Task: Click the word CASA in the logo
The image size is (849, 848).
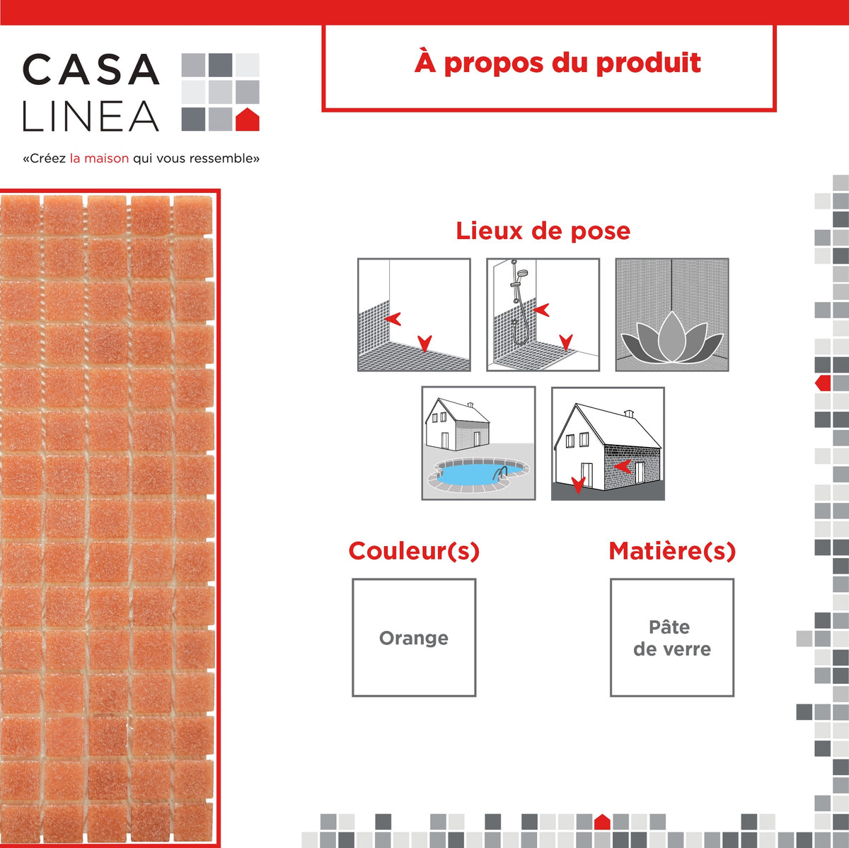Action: coord(91,70)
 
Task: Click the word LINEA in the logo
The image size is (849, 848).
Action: coord(91,117)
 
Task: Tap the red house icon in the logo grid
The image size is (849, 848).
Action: coord(247,120)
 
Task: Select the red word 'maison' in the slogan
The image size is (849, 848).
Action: coord(106,158)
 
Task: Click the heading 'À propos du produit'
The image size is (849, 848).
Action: coord(558,63)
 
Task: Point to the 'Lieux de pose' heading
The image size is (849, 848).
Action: coord(543,231)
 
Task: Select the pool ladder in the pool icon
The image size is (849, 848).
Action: coord(501,472)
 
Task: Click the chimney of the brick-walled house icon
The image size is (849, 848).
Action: coord(628,414)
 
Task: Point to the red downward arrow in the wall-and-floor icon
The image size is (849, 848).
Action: coord(424,344)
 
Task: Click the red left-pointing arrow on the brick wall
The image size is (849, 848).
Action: coord(623,466)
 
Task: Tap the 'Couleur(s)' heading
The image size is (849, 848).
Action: coord(414,551)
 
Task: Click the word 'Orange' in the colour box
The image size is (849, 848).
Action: coord(414,638)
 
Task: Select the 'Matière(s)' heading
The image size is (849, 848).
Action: coord(672,551)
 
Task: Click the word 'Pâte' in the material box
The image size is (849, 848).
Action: coord(669,627)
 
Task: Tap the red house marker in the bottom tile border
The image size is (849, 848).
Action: coord(602,822)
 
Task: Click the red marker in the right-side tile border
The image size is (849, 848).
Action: coord(823,383)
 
